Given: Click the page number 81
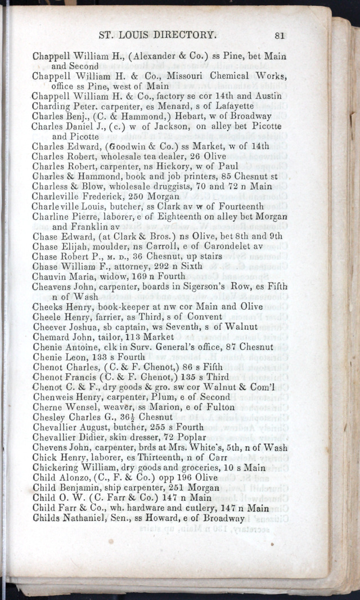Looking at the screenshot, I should click(x=280, y=35).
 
